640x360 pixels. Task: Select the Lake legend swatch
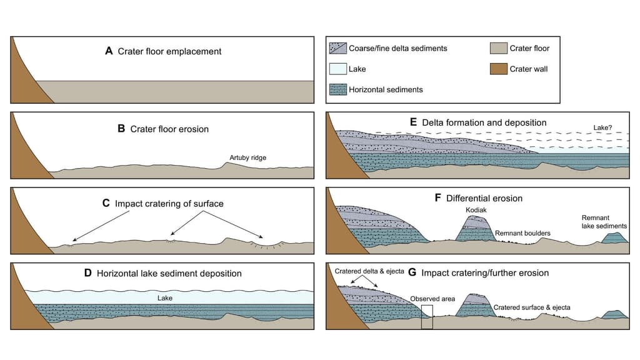337,69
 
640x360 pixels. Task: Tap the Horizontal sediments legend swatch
337,89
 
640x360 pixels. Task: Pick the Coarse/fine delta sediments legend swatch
337,48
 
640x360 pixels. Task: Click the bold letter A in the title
109,51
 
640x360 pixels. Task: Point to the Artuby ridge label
249,158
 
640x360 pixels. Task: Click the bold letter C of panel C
106,204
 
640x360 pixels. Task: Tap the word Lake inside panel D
165,298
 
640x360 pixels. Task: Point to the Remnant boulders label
522,233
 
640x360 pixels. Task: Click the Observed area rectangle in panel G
427,317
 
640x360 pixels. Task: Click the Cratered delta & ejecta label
364,271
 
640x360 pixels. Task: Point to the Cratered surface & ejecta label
532,307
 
